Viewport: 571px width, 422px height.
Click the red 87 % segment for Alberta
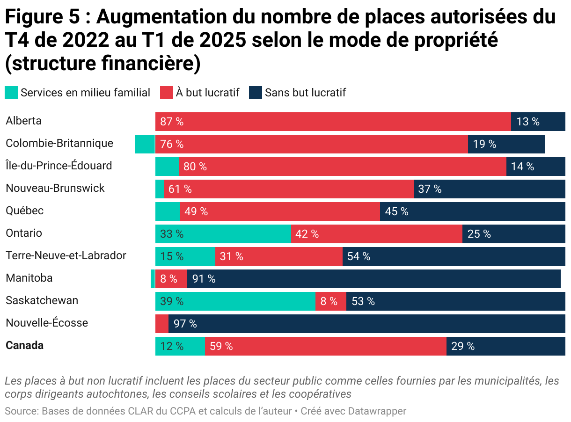[333, 122]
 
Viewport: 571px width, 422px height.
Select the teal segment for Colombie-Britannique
[145, 144]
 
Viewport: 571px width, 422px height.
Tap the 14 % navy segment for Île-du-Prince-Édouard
[535, 167]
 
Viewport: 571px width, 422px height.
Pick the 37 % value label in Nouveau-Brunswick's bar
[430, 189]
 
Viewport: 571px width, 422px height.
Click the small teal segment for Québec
[167, 211]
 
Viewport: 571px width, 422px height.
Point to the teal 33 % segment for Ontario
[223, 234]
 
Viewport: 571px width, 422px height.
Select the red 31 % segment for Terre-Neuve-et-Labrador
[278, 256]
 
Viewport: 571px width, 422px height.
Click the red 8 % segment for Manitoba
[171, 279]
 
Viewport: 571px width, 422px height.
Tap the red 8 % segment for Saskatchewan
[330, 301]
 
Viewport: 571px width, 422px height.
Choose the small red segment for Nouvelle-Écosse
[161, 324]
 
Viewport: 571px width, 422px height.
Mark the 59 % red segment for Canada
[325, 346]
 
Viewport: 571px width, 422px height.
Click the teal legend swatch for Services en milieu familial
[11, 93]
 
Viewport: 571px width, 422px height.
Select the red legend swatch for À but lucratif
[167, 93]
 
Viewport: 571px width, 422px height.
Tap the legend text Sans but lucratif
[305, 93]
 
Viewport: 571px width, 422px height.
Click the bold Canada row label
[24, 345]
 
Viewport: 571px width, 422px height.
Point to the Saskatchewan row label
[42, 300]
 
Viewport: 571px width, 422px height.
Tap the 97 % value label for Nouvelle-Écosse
[185, 324]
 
